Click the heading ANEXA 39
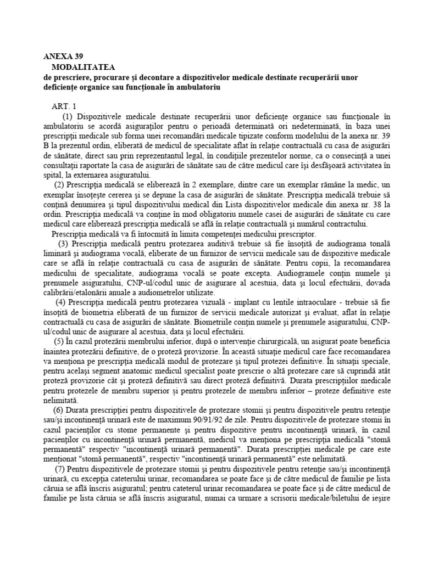coord(63,57)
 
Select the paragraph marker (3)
coord(63,243)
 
